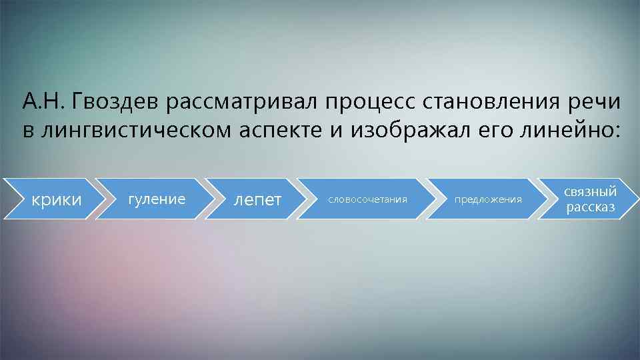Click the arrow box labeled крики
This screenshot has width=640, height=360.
(x=57, y=199)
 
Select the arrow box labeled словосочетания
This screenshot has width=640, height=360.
(x=366, y=199)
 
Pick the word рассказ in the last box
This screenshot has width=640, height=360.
(x=591, y=207)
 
